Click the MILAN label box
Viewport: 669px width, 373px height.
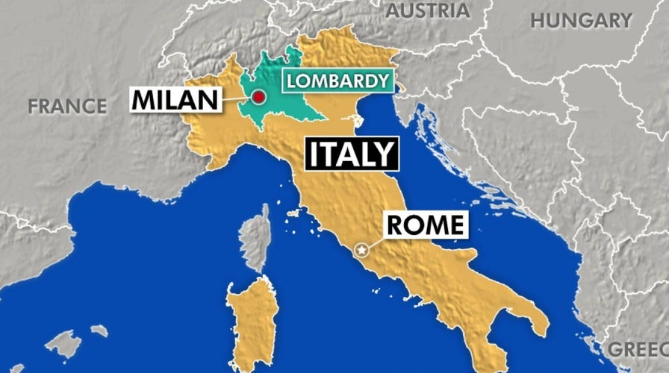point(177,98)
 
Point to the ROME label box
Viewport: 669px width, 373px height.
point(426,225)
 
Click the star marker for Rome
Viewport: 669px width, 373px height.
point(364,249)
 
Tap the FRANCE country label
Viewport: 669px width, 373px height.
point(67,106)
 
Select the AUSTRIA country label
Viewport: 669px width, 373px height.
point(428,10)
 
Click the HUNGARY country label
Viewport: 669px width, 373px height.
point(581,20)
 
